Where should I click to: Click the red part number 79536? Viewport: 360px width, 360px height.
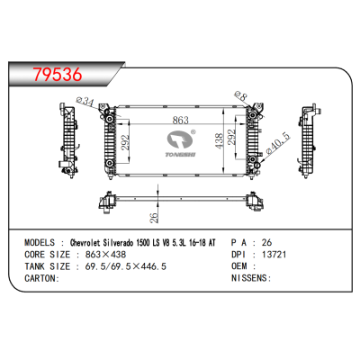coord(58,75)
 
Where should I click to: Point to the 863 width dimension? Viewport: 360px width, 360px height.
coord(181,120)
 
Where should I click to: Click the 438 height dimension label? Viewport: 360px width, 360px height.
coord(220,141)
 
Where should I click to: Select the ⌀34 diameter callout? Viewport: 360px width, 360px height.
coord(85,101)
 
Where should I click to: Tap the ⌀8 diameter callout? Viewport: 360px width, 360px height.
coord(240,95)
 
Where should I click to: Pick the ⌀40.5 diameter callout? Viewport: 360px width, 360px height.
coord(279,143)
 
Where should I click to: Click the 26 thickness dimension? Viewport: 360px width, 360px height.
coord(154,218)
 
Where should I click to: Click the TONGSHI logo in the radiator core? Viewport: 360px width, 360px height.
coord(182,143)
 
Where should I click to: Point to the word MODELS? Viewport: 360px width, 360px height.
coord(40,242)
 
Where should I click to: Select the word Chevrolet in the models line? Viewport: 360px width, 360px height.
coord(85,242)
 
